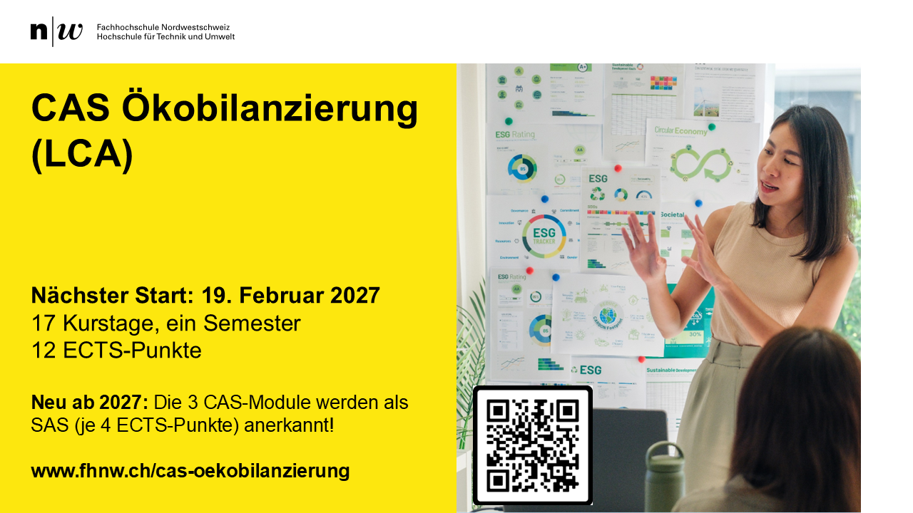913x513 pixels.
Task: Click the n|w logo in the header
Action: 56,31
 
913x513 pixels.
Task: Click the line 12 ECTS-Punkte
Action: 116,351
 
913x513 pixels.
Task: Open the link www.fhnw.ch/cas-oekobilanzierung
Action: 190,471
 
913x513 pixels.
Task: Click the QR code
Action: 532,445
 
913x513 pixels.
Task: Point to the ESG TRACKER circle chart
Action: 544,236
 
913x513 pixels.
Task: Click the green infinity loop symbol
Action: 700,164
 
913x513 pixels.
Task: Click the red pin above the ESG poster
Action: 618,168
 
